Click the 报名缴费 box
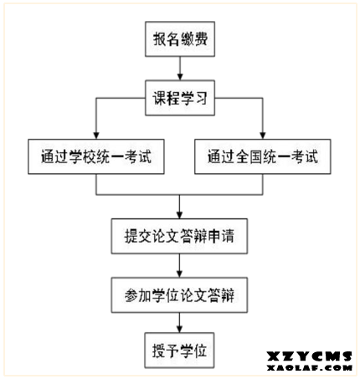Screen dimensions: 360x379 click(x=180, y=39)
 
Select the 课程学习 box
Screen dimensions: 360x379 click(x=180, y=98)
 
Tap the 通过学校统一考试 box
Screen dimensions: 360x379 click(x=96, y=156)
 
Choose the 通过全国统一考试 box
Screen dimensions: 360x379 click(x=263, y=156)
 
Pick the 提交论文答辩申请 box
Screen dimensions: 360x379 click(x=179, y=236)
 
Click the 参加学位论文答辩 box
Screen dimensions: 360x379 click(x=179, y=295)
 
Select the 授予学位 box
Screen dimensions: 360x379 click(x=179, y=351)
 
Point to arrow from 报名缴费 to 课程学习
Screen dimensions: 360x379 click(x=180, y=69)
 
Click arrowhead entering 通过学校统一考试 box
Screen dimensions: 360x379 click(x=96, y=136)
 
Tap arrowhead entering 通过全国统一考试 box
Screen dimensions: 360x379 click(x=263, y=136)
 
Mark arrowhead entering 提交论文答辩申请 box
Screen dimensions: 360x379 click(x=179, y=215)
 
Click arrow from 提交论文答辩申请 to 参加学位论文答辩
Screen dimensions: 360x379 click(x=179, y=265)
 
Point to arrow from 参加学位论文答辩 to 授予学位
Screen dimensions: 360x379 click(x=179, y=323)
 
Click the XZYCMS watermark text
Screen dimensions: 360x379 click(x=309, y=356)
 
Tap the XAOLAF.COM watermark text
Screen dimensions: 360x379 click(x=309, y=367)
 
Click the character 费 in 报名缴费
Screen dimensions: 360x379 click(x=201, y=39)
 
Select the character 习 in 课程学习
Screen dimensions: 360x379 click(x=201, y=98)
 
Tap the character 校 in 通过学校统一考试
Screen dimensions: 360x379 click(x=90, y=156)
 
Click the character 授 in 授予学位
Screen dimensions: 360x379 click(x=159, y=351)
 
